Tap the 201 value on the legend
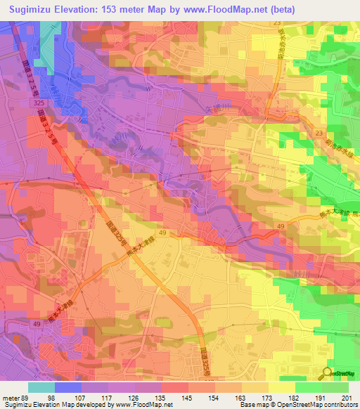(345, 398)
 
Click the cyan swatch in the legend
(41, 387)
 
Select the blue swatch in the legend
(67, 387)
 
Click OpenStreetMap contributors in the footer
(318, 405)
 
